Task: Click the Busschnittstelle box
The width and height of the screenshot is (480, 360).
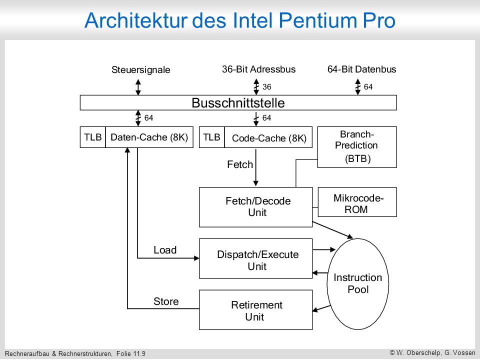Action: [x=238, y=102]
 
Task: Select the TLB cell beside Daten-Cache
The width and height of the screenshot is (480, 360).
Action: [x=93, y=137]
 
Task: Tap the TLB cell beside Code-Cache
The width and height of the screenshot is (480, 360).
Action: [x=212, y=137]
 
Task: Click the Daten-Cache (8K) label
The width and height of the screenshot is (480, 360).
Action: [x=149, y=137]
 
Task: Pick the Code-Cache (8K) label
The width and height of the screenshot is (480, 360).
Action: [x=269, y=138]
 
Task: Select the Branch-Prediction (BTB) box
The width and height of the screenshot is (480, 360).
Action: [x=357, y=147]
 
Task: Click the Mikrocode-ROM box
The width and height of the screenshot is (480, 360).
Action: [x=357, y=202]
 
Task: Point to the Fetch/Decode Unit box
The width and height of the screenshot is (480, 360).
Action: [x=255, y=207]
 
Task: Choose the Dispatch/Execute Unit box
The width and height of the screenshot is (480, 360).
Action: [x=255, y=258]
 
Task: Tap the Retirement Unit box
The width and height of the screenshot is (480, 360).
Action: [x=255, y=310]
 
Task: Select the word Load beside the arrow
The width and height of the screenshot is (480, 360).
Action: [x=165, y=250]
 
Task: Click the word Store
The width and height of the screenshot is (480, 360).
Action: [x=166, y=301]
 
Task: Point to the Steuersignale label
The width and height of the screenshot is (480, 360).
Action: [x=141, y=70]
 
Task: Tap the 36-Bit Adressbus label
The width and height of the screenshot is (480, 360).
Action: [x=259, y=69]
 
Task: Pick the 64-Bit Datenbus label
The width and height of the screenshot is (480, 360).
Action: [x=362, y=69]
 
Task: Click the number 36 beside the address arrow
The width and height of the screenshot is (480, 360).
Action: [x=267, y=87]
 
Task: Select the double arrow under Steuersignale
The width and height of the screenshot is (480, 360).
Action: [x=138, y=87]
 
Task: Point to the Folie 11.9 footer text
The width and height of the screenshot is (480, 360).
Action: [x=130, y=354]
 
